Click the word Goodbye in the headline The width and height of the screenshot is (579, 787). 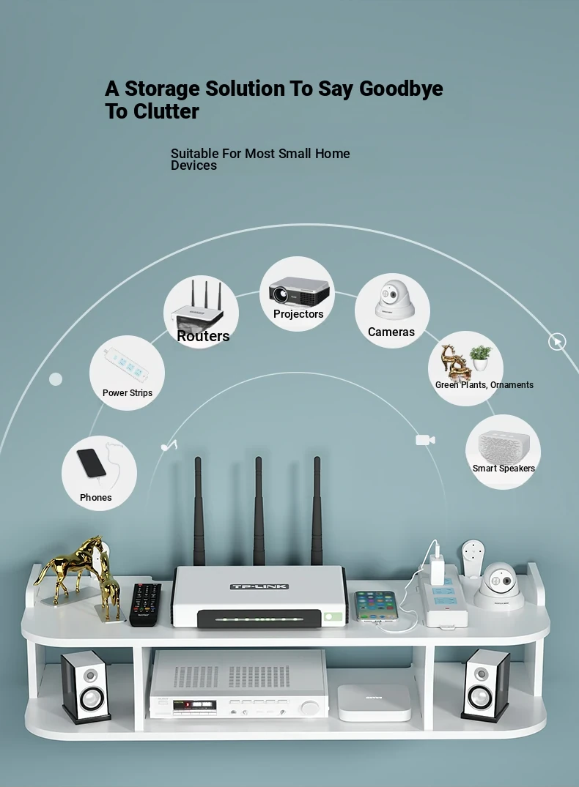(x=401, y=89)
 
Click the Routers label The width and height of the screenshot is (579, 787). (x=203, y=336)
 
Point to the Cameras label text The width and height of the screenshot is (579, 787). (x=391, y=332)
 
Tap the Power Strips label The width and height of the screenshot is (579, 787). (x=127, y=393)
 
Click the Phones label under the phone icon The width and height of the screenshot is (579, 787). (x=95, y=497)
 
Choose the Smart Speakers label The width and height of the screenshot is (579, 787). (x=504, y=469)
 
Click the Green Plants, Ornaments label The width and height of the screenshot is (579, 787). (x=484, y=385)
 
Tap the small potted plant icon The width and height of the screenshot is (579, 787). (x=481, y=358)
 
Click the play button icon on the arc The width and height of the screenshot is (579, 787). (x=557, y=342)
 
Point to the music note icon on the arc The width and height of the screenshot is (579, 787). (x=169, y=446)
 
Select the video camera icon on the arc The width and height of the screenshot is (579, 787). (x=425, y=440)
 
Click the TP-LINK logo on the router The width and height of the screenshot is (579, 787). (x=259, y=586)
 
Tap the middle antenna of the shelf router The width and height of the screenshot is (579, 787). (x=258, y=511)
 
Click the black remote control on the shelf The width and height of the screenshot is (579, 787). (x=145, y=604)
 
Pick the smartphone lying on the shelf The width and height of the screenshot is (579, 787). (x=376, y=606)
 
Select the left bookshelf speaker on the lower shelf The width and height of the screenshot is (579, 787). (x=86, y=687)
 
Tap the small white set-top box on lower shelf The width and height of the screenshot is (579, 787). (x=374, y=702)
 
